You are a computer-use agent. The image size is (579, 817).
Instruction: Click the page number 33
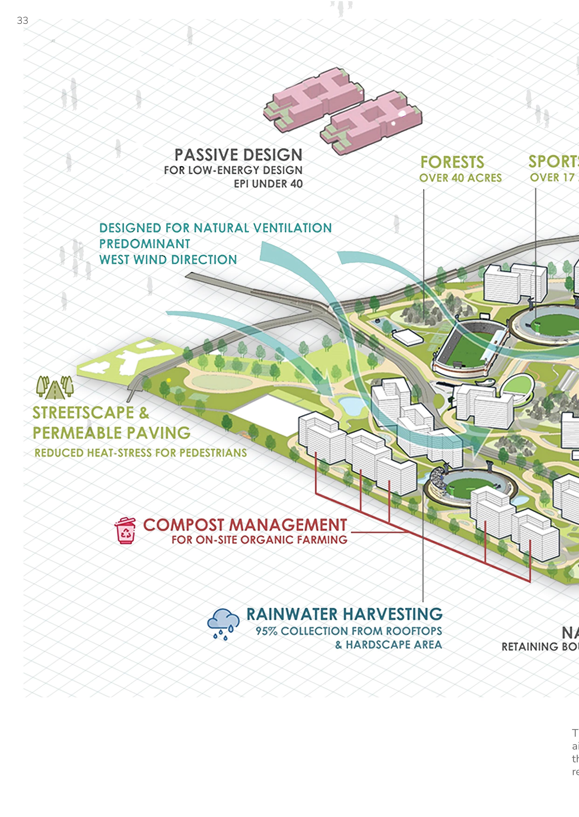pyautogui.click(x=22, y=20)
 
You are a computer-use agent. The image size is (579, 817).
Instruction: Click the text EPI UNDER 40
pyautogui.click(x=268, y=184)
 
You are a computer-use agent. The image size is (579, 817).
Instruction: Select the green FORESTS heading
pyautogui.click(x=452, y=162)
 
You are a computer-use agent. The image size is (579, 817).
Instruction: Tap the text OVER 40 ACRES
pyautogui.click(x=460, y=178)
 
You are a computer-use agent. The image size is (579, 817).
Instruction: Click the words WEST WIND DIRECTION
pyautogui.click(x=168, y=260)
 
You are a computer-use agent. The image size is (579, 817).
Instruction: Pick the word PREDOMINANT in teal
pyautogui.click(x=144, y=244)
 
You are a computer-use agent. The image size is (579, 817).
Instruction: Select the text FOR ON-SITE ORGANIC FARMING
pyautogui.click(x=259, y=540)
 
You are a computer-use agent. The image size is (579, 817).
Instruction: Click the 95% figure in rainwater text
pyautogui.click(x=266, y=631)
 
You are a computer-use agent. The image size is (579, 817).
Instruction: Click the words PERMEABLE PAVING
pyautogui.click(x=112, y=433)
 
